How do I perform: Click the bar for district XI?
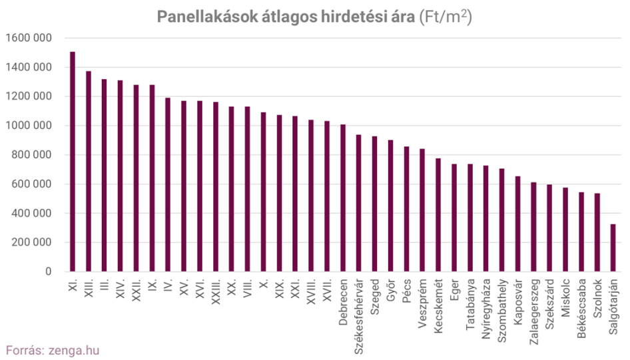73,162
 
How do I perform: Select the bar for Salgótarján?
613,248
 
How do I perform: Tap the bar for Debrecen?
343,198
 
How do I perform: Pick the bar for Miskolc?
565,230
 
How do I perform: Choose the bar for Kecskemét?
438,215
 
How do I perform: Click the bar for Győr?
390,206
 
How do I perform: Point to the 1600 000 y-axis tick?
27,38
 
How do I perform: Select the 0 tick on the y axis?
48,272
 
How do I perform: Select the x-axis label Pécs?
406,289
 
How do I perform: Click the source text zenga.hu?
74,349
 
